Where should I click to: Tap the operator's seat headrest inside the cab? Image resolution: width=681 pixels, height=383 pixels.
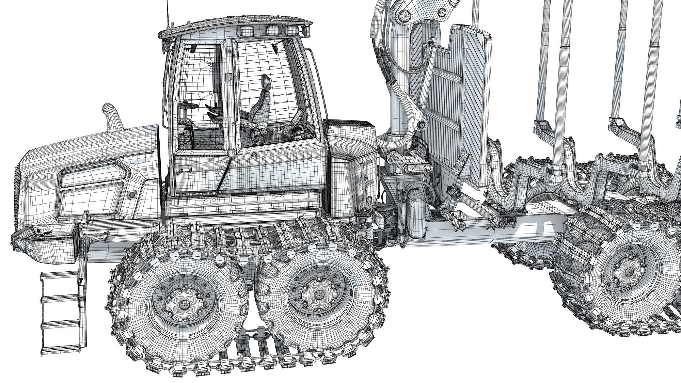coord(266,82)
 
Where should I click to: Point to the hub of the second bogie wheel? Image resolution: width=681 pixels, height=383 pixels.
coord(318,294)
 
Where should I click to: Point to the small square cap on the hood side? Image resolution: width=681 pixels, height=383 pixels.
coord(131,195)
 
